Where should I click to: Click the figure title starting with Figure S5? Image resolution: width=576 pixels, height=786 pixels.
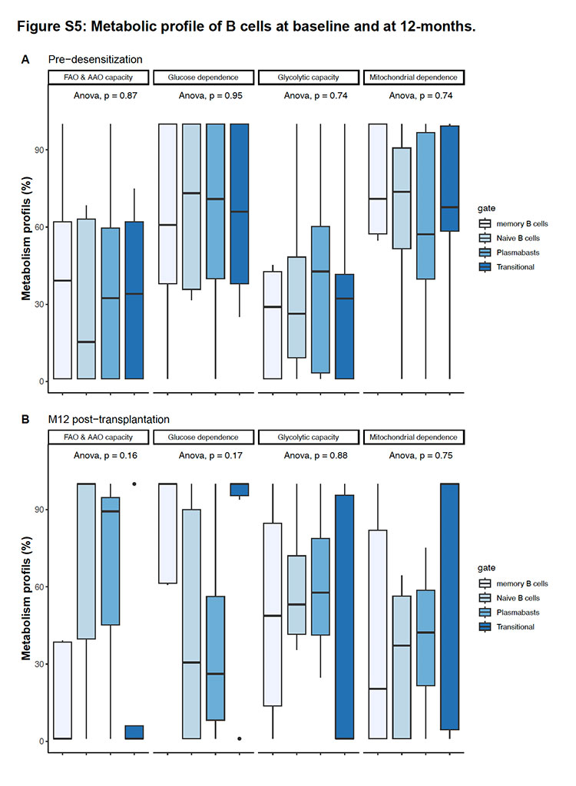click(x=246, y=26)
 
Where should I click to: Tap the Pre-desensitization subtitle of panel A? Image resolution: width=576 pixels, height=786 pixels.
click(x=95, y=59)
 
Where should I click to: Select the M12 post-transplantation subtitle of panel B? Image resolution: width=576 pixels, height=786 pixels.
click(x=109, y=419)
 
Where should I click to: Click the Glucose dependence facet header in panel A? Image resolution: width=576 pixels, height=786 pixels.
click(x=204, y=78)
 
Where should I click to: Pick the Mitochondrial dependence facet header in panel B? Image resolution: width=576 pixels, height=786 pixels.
click(x=413, y=437)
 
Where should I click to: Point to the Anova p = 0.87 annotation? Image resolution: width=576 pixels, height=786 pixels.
click(x=105, y=95)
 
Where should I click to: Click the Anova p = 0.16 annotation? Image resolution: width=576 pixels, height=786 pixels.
click(x=105, y=455)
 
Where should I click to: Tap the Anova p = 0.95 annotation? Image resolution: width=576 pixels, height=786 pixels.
click(x=210, y=95)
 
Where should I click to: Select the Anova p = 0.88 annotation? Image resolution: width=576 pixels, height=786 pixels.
click(x=316, y=455)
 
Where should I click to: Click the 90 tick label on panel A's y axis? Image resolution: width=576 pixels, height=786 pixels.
click(x=39, y=150)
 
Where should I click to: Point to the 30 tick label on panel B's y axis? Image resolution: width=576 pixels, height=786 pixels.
click(x=39, y=664)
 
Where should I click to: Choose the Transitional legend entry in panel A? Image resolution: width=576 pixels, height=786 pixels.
click(x=507, y=266)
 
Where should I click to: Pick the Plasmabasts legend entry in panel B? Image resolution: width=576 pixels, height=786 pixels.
click(x=509, y=612)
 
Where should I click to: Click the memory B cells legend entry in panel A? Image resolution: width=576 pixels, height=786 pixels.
click(x=513, y=223)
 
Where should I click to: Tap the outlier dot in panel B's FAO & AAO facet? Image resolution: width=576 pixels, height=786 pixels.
click(x=134, y=484)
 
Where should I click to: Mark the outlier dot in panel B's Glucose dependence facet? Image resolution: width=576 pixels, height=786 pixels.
click(x=240, y=738)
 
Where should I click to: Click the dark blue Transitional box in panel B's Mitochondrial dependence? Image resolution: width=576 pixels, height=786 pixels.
click(x=449, y=606)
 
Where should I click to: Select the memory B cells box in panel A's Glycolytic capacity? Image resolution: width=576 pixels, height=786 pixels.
click(x=273, y=325)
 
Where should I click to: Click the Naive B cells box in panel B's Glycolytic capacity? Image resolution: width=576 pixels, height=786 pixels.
click(x=296, y=595)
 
